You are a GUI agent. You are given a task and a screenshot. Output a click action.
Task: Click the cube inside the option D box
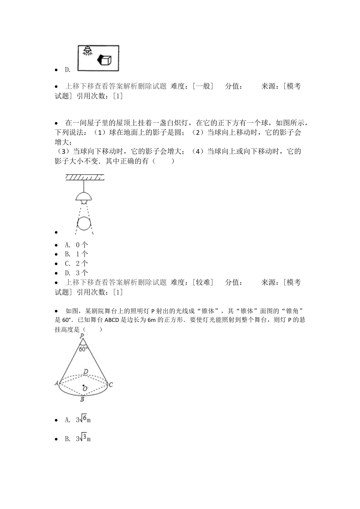click(x=105, y=60)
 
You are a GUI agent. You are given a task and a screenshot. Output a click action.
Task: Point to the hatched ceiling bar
click(x=85, y=177)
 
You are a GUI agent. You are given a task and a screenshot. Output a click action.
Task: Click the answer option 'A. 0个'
click(x=77, y=245)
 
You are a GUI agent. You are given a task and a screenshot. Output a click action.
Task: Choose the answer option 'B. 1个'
click(x=77, y=254)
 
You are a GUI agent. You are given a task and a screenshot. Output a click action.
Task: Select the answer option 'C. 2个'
click(x=77, y=264)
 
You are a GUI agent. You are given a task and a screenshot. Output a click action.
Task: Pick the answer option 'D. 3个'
click(x=77, y=273)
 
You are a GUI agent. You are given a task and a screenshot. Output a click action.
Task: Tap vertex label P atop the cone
click(x=82, y=336)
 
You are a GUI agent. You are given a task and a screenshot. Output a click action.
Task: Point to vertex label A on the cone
click(x=57, y=383)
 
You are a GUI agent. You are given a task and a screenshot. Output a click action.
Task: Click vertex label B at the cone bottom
click(x=82, y=399)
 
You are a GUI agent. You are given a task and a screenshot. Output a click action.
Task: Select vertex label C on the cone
click(x=111, y=385)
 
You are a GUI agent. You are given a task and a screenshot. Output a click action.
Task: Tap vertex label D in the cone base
click(x=86, y=372)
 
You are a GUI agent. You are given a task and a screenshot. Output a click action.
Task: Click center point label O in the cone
click(x=85, y=389)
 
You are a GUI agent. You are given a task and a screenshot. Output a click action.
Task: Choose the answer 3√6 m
click(x=83, y=420)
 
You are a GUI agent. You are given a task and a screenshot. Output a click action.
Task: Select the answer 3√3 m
click(x=83, y=439)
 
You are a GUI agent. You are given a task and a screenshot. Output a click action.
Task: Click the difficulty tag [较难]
click(x=203, y=282)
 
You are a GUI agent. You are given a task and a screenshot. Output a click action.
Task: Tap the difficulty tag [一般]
click(x=203, y=86)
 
